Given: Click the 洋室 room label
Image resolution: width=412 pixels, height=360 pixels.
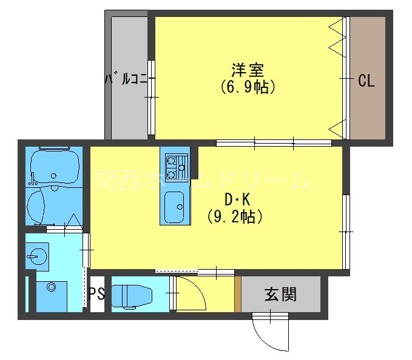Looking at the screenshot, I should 248,69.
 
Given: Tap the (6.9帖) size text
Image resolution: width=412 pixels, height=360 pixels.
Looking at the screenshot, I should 248,87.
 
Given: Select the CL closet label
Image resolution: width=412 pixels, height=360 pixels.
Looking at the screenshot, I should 366,81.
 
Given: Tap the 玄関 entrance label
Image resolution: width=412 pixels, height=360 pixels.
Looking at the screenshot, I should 280,295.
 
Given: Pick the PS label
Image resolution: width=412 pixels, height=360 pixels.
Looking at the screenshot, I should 96,295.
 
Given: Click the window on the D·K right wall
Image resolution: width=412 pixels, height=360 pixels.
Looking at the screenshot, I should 346,230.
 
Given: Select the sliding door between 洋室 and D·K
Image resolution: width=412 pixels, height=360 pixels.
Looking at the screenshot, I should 273,144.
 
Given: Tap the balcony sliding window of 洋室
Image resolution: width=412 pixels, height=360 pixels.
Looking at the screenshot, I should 150,97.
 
